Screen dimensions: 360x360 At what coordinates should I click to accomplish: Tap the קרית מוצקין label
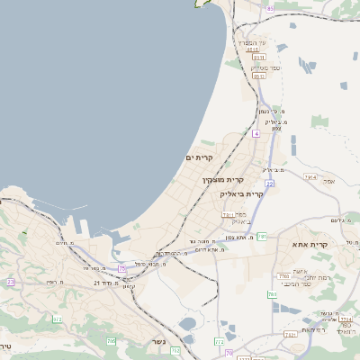pos(221,180)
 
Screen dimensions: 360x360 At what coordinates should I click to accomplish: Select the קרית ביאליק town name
pos(242,193)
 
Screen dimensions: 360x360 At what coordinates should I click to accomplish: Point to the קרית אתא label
pos(310,244)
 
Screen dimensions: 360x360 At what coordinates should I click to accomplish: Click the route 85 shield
pos(269,8)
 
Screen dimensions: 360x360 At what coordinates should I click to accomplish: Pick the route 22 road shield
pos(269,183)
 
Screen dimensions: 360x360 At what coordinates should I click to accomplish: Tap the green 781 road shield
pos(262,236)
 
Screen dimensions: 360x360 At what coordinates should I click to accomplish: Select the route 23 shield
pos(11,282)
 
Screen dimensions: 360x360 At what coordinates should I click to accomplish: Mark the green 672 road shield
pos(58,319)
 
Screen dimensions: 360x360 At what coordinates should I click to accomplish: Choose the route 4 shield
pos(256,133)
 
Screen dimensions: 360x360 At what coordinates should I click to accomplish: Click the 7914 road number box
pos(310,177)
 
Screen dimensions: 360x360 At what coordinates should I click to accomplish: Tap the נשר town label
pos(158,342)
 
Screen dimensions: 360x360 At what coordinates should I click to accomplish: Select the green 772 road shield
pos(220,341)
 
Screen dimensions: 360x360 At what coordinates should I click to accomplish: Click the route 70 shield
pos(229,352)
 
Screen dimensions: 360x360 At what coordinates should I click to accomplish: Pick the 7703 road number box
pos(283,275)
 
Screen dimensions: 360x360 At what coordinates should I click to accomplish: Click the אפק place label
pos(328,182)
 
